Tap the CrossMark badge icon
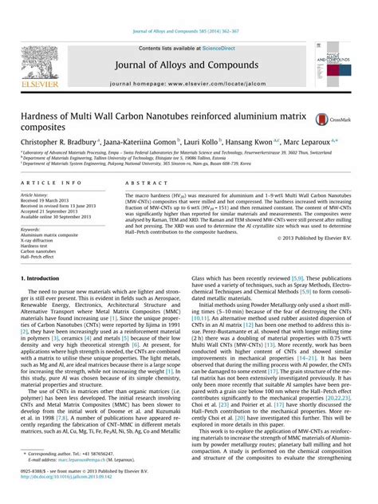(x=321, y=119)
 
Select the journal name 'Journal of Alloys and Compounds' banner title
(x=189, y=65)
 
